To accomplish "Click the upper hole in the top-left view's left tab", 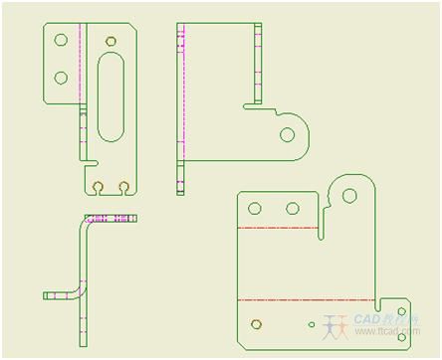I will pyautogui.click(x=61, y=41).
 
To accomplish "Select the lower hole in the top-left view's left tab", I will pyautogui.click(x=61, y=77).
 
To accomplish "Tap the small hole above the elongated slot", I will pyautogui.click(x=110, y=41).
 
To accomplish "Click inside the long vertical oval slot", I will pyautogui.click(x=110, y=99).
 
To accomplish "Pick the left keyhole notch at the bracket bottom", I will pyautogui.click(x=98, y=187).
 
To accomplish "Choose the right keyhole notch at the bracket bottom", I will pyautogui.click(x=123, y=187).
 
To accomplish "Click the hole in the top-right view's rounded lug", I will pyautogui.click(x=288, y=134).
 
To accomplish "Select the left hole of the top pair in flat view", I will pyautogui.click(x=255, y=209).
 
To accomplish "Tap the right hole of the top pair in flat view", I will pyautogui.click(x=293, y=209).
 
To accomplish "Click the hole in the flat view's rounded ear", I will pyautogui.click(x=349, y=195).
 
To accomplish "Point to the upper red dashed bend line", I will pyautogui.click(x=279, y=229).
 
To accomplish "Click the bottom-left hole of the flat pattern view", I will pyautogui.click(x=258, y=322).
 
